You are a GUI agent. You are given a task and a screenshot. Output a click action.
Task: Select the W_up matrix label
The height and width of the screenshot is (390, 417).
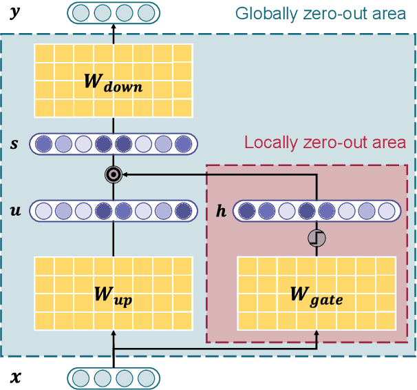point(113,298)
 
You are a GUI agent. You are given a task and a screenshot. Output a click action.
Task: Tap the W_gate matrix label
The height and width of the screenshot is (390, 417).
point(316,297)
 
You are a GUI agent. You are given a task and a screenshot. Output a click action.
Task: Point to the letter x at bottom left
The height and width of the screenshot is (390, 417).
point(14,377)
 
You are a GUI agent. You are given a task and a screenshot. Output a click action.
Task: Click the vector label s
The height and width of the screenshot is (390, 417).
point(14,144)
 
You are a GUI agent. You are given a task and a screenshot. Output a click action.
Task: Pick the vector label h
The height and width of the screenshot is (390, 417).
point(221,210)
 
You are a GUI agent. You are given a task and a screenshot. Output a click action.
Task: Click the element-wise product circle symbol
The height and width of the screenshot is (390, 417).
point(113,176)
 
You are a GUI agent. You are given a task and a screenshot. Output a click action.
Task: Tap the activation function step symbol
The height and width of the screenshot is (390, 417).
point(317,238)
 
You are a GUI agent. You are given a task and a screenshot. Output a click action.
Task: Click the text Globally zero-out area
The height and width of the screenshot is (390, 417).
point(321,13)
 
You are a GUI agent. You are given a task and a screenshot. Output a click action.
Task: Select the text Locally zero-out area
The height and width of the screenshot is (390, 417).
point(325,143)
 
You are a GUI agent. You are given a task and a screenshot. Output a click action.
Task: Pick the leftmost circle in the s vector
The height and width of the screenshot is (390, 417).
point(43,144)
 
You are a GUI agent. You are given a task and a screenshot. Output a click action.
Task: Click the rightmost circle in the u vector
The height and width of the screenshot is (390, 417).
point(182,210)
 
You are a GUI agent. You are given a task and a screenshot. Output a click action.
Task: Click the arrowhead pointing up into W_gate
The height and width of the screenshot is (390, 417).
point(317,336)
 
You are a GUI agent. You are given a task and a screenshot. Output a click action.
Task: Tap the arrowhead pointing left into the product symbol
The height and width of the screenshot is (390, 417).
point(125,176)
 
